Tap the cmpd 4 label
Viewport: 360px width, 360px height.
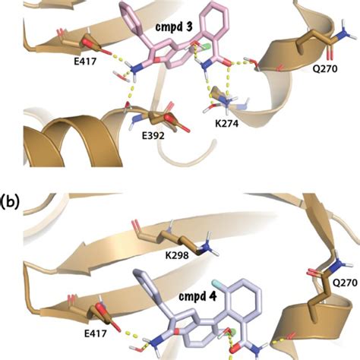pos(196,297)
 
